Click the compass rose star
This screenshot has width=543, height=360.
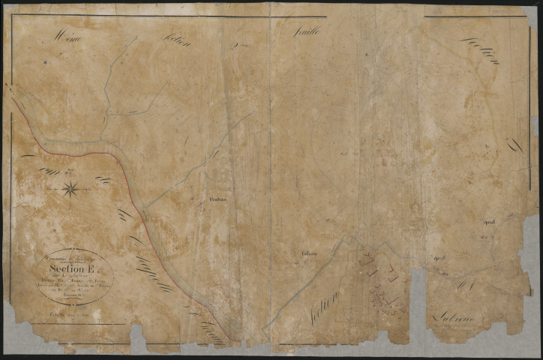pos(71,189)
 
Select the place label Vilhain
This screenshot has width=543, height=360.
pos(308,253)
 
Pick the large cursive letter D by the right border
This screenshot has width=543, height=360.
pos(514,145)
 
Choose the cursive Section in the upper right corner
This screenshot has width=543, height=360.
pos(480,50)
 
